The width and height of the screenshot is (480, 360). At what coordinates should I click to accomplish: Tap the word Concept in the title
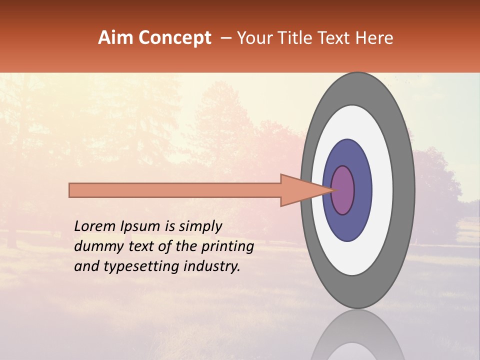click(174, 38)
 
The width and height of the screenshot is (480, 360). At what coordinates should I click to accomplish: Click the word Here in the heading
click(374, 38)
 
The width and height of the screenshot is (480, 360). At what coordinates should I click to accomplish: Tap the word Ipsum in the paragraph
click(141, 227)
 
